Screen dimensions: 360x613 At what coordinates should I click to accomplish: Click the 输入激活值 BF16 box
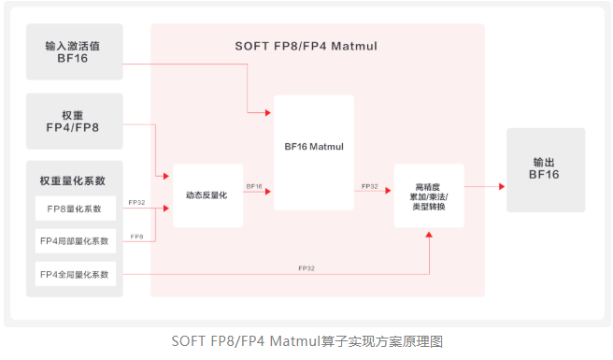point(74,52)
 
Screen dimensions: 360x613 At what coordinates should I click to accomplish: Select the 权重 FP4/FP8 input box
point(74,122)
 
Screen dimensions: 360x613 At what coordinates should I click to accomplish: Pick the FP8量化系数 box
point(77,208)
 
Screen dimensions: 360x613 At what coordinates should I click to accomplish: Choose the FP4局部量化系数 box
point(77,241)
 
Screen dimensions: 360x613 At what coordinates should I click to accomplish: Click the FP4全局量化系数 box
point(77,274)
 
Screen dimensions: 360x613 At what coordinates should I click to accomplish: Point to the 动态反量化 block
point(207,194)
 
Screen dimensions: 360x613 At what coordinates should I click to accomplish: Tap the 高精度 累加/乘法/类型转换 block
point(429,194)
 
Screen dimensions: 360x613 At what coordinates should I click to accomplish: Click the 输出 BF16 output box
point(546,167)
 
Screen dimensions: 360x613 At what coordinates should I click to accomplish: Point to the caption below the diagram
point(306,340)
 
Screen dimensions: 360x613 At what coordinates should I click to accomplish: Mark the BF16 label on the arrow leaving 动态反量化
point(254,186)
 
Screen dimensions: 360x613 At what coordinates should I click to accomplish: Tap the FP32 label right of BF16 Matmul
point(369,187)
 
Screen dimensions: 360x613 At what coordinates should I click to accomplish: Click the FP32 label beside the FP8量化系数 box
point(136,202)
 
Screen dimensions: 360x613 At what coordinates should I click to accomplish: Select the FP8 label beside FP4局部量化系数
point(136,237)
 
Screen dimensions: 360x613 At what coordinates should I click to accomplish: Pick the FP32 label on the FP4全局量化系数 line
point(306,268)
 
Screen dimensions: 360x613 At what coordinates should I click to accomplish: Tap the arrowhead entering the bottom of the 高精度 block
point(429,234)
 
